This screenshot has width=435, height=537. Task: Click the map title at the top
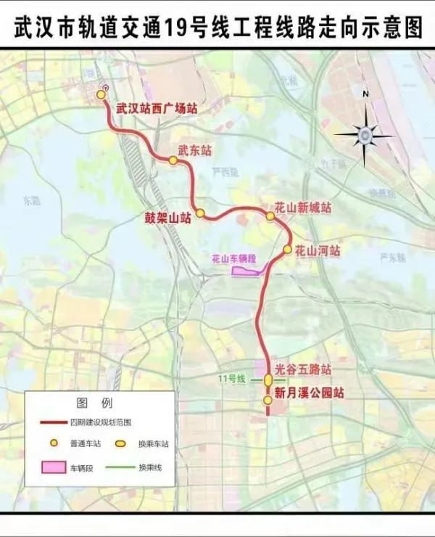pyautogui.click(x=217, y=28)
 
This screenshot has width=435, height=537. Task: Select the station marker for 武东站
pyautogui.click(x=173, y=160)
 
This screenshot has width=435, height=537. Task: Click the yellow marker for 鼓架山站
pyautogui.click(x=200, y=213)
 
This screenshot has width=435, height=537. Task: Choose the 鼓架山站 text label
pyautogui.click(x=167, y=216)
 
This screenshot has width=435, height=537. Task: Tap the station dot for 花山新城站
pyautogui.click(x=270, y=216)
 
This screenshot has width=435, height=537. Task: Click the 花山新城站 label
pyautogui.click(x=303, y=208)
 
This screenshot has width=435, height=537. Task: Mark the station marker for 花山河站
pyautogui.click(x=287, y=250)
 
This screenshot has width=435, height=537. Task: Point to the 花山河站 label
pyautogui.click(x=317, y=250)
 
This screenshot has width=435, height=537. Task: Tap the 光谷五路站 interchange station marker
pyautogui.click(x=268, y=380)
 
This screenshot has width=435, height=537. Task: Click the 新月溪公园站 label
pyautogui.click(x=307, y=393)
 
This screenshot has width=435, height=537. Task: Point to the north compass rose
pyautogui.click(x=365, y=134)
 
